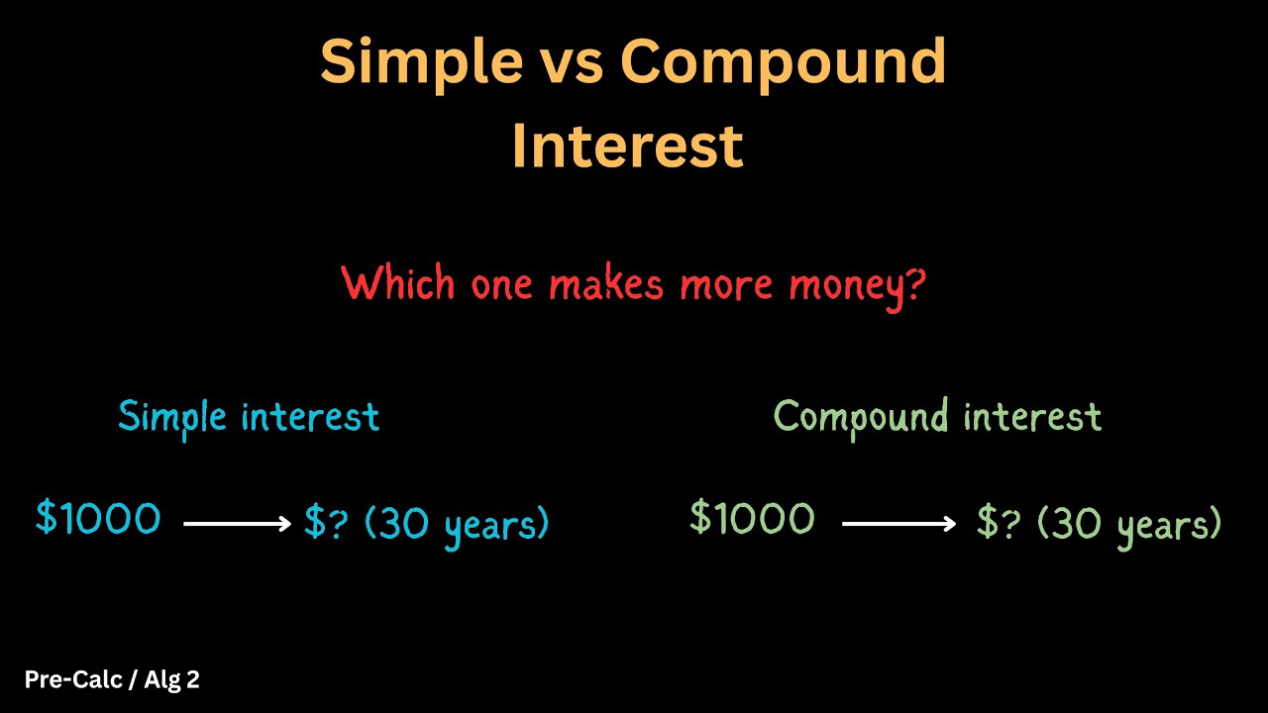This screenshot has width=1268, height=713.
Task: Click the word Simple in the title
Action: (x=421, y=63)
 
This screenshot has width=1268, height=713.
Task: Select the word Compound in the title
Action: (x=783, y=63)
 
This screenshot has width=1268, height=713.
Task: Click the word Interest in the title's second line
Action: (x=627, y=146)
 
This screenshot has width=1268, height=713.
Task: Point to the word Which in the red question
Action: (x=400, y=285)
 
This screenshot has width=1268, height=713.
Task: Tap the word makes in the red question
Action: (x=605, y=285)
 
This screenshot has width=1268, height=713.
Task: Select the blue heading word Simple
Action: (x=172, y=417)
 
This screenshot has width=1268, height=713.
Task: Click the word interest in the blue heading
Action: (x=310, y=417)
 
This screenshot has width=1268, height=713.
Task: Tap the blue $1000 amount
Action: (x=98, y=518)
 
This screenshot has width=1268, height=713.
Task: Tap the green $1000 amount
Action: (x=753, y=518)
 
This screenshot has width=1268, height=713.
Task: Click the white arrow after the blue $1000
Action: (x=238, y=524)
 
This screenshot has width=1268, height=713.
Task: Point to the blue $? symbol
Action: (x=326, y=523)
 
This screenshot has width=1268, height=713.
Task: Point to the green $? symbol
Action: (x=999, y=523)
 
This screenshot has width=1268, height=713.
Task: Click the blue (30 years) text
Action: (x=457, y=524)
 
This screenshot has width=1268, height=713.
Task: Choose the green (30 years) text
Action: (x=1129, y=524)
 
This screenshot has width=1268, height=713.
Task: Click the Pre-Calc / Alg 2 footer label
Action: (x=112, y=679)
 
